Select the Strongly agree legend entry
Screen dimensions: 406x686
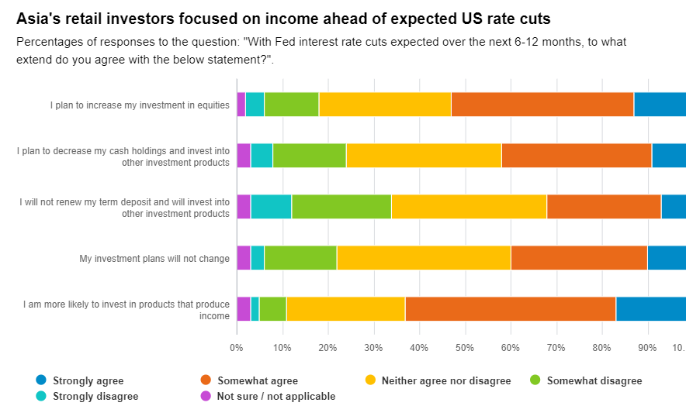(x=88, y=380)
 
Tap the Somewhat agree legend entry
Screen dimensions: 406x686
(x=257, y=380)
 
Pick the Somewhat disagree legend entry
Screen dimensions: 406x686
(x=594, y=380)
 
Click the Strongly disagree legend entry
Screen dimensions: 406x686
(x=95, y=396)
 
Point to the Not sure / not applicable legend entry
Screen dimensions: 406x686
(x=276, y=396)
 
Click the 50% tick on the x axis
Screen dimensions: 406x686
(x=465, y=347)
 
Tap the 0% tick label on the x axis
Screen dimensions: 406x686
(x=237, y=347)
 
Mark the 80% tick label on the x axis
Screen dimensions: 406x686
(x=602, y=347)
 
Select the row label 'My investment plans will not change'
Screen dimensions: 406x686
(x=154, y=259)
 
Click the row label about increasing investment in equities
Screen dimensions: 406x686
(x=140, y=105)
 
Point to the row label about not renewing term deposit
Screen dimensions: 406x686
(x=125, y=208)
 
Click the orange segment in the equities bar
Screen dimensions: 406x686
(x=542, y=104)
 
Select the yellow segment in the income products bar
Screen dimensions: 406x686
(x=345, y=308)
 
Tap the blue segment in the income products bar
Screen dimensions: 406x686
(x=650, y=308)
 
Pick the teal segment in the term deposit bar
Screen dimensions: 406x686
(x=271, y=207)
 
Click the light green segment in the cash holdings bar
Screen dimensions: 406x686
(x=309, y=156)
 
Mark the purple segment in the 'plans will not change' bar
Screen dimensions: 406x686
(x=244, y=258)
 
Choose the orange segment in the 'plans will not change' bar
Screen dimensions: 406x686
(x=579, y=258)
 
